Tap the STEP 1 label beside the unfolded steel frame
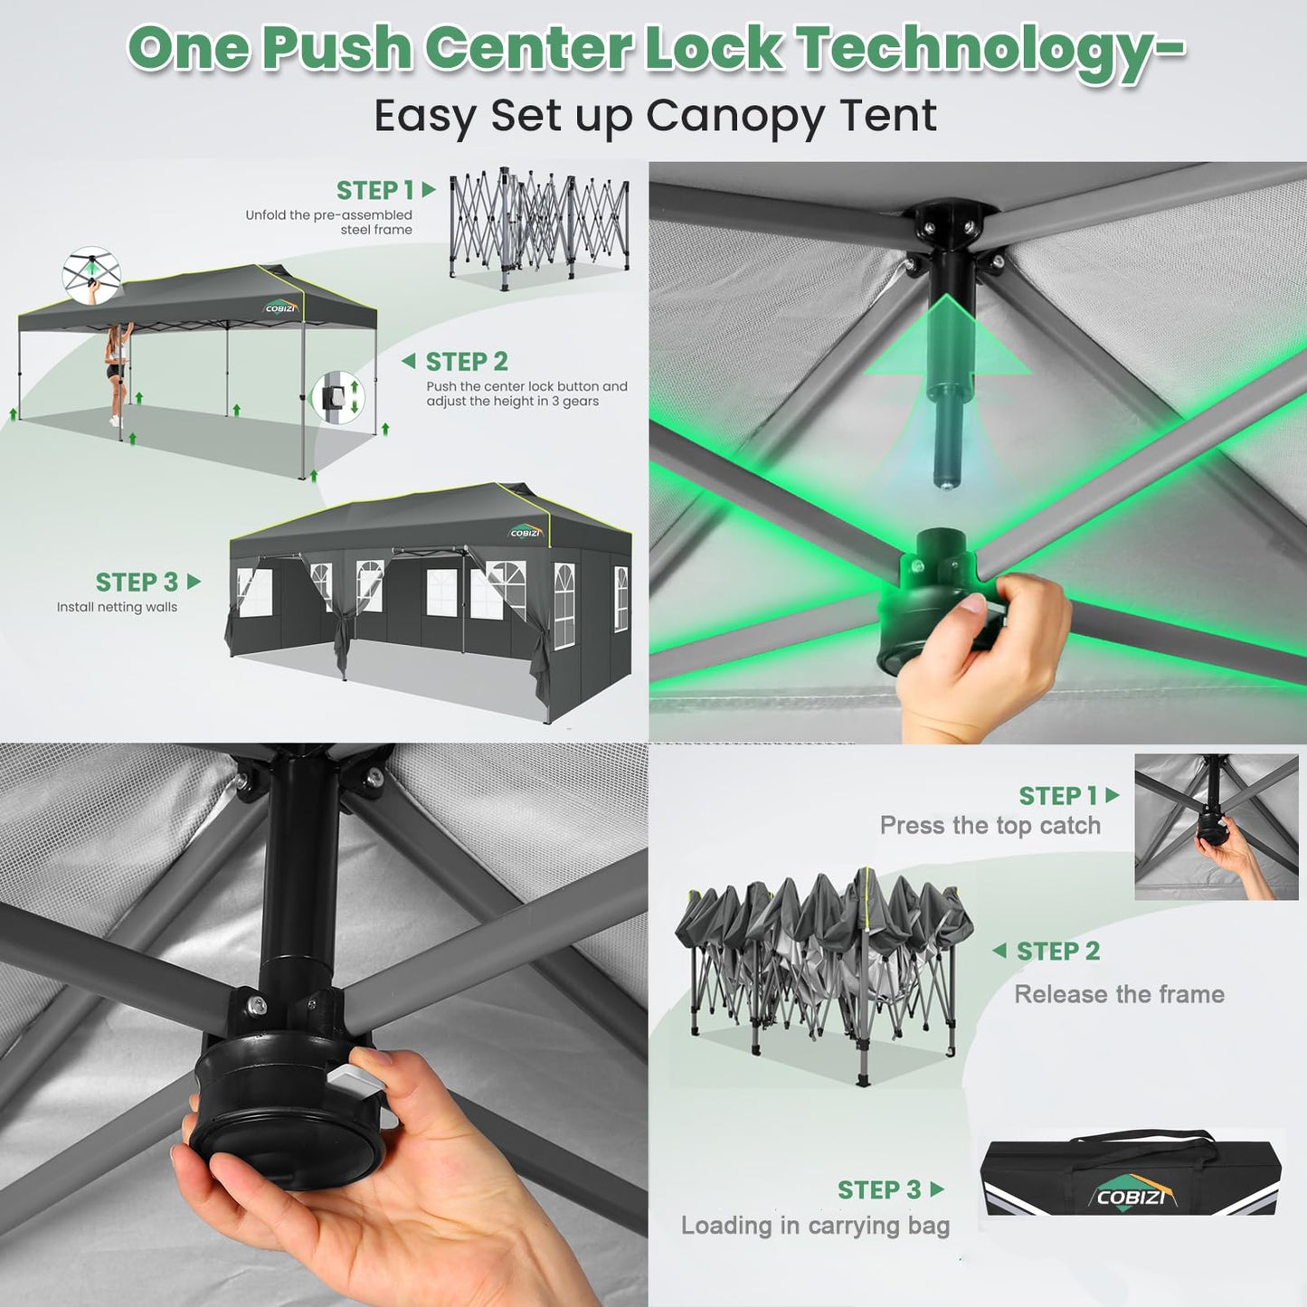pyautogui.click(x=375, y=191)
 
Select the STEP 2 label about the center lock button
pyautogui.click(x=467, y=362)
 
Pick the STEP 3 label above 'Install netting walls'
pyautogui.click(x=137, y=582)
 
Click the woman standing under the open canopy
pyautogui.click(x=117, y=374)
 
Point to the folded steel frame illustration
pyautogui.click(x=539, y=229)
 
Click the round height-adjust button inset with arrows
pyautogui.click(x=337, y=397)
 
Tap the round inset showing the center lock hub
pyautogui.click(x=91, y=274)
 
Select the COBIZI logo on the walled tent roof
pyautogui.click(x=526, y=531)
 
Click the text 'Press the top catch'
pyautogui.click(x=990, y=826)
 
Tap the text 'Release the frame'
pyautogui.click(x=1119, y=994)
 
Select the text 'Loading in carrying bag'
pyautogui.click(x=815, y=1226)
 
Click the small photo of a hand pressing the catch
pyautogui.click(x=1217, y=827)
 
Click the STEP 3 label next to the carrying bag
pyautogui.click(x=879, y=1189)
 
